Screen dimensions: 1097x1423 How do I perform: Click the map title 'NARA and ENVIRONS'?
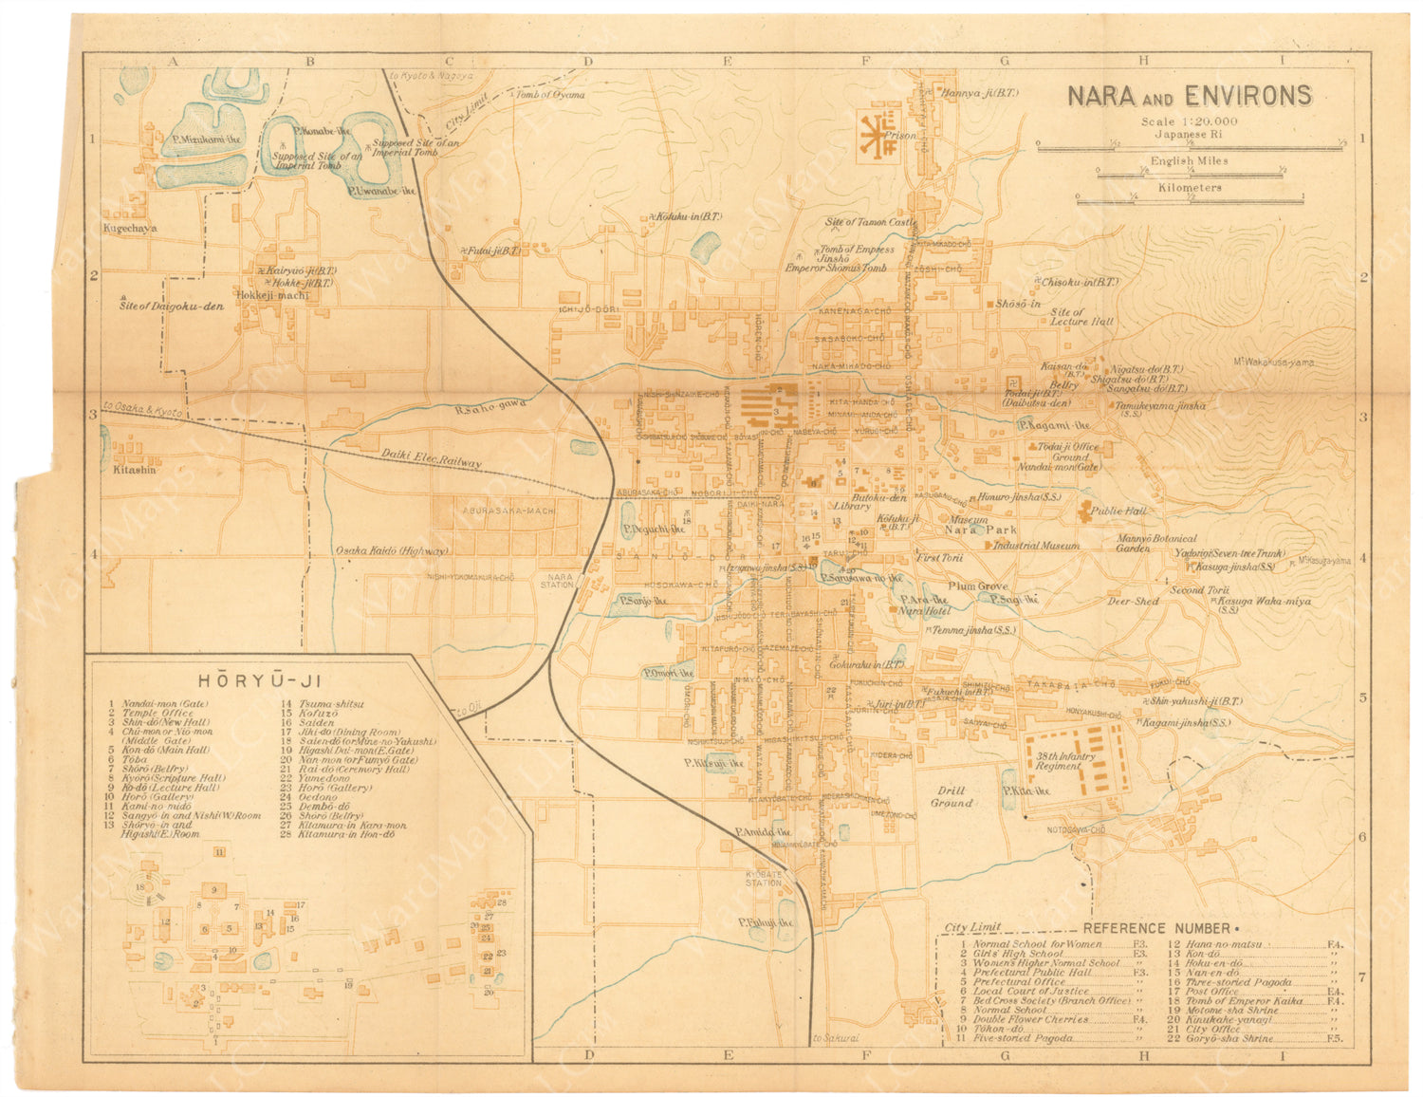coord(1190,96)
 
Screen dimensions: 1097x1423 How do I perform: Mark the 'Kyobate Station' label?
coord(763,877)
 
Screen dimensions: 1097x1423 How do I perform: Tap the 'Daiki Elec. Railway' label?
coord(432,458)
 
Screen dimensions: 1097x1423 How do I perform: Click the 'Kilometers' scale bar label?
coord(1190,188)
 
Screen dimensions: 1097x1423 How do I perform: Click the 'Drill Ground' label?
coord(951,796)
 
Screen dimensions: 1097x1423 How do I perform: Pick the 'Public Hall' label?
coord(1119,511)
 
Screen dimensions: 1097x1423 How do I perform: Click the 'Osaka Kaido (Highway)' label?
coord(392,550)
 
